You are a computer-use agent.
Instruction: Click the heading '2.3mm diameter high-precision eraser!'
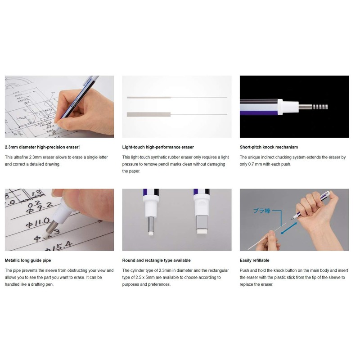[42, 147]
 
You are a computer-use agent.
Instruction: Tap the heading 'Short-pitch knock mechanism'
[269, 147]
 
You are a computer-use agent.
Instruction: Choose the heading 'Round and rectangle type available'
[156, 260]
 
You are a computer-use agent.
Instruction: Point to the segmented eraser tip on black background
[319, 107]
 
